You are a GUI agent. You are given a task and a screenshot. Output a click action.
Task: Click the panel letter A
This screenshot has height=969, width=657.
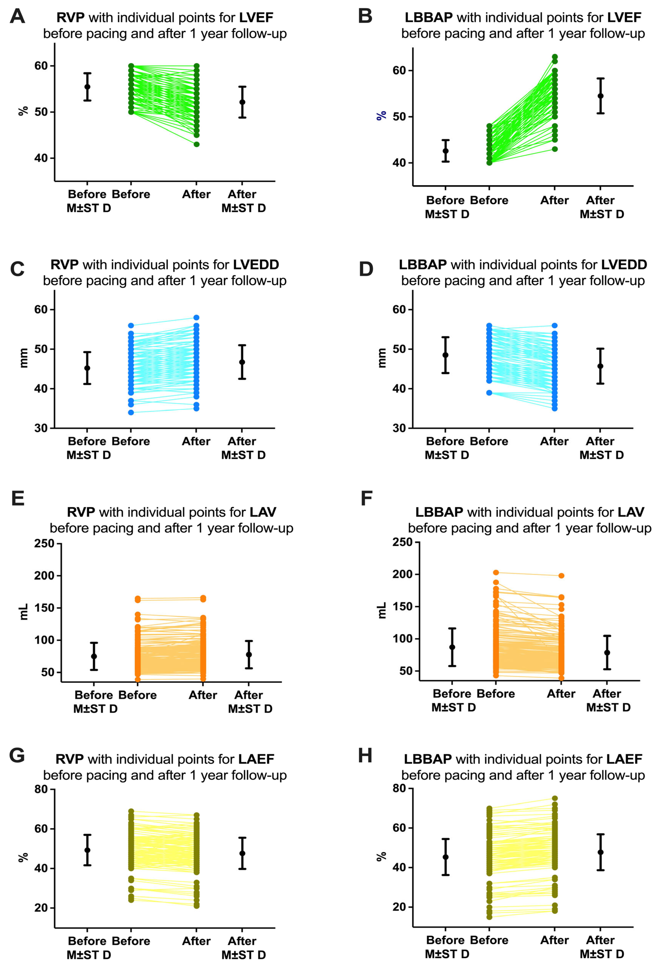pos(18,17)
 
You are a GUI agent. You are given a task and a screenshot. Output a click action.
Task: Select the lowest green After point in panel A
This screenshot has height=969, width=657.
pos(196,144)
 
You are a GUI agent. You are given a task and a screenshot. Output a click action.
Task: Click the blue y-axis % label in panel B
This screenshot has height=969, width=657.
pos(381,115)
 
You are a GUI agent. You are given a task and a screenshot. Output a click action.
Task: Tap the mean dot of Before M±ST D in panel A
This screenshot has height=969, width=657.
pos(87,87)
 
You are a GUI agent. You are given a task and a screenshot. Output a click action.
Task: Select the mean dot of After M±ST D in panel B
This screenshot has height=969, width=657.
pos(600,96)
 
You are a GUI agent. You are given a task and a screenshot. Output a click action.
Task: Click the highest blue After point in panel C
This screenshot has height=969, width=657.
pos(196,318)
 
